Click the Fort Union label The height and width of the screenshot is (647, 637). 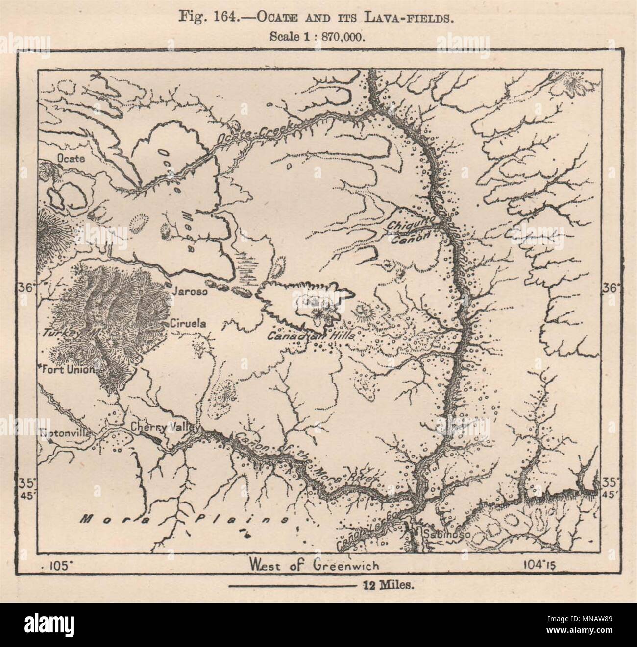point(68,370)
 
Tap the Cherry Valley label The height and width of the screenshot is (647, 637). point(164,427)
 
